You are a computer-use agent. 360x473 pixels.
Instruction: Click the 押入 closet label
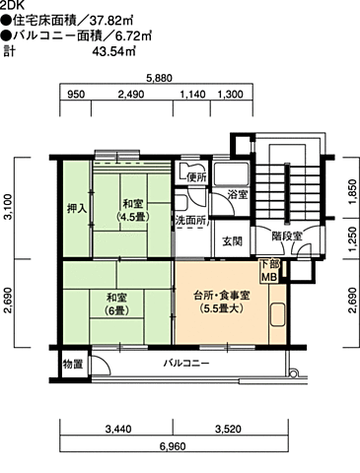77,208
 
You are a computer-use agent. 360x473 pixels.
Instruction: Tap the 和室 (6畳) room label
118,300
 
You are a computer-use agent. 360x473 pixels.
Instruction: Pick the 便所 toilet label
196,177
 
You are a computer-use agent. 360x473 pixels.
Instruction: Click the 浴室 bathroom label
238,195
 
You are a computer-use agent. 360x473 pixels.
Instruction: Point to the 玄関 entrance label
232,240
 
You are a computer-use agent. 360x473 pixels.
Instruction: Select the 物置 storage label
72,365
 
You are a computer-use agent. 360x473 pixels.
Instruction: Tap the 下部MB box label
269,270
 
